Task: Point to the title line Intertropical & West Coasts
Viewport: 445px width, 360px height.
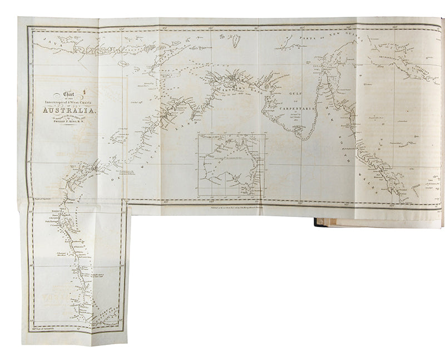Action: [70, 100]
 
